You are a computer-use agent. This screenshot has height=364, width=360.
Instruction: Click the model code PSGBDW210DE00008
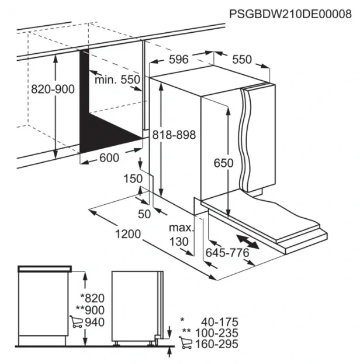tap(290, 14)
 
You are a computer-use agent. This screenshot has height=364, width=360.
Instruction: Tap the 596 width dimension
tap(178, 60)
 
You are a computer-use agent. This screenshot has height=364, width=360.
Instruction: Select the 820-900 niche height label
tap(53, 89)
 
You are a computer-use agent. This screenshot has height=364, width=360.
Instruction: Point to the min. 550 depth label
tap(117, 80)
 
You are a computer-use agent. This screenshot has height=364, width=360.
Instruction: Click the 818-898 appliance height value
tap(174, 135)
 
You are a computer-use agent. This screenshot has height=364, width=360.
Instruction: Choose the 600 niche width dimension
tap(109, 158)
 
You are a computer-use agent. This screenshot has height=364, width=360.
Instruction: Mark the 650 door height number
tap(223, 163)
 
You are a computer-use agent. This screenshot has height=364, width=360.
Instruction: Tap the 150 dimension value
tap(133, 178)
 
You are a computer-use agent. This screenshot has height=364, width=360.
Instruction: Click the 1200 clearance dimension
tap(128, 234)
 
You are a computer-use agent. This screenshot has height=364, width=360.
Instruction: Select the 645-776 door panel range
tap(227, 253)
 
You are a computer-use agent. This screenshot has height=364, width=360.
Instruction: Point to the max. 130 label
tap(181, 235)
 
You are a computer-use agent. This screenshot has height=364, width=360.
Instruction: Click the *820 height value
tap(92, 298)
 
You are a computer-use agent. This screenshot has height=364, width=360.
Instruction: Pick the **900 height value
tap(90, 310)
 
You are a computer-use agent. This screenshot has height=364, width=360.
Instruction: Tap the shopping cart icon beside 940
tap(76, 322)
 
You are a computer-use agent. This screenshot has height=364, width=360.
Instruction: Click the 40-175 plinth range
tap(220, 322)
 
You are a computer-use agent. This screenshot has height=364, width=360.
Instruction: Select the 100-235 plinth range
tap(217, 333)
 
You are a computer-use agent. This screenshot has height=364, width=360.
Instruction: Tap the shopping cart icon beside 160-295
tap(185, 343)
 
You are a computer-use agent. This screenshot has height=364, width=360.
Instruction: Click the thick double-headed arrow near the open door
tap(248, 242)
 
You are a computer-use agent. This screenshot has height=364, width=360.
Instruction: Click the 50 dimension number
tap(144, 214)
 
